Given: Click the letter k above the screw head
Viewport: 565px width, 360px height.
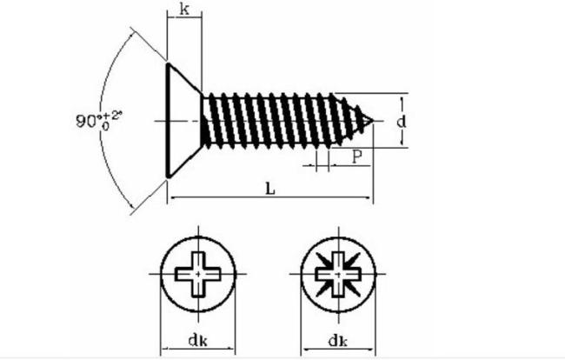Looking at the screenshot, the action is [184, 10].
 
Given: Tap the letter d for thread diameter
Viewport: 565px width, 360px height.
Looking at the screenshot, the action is [401, 122].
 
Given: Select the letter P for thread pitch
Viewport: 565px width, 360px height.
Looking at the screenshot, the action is [356, 157].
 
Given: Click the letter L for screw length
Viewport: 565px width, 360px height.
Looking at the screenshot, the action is [269, 189].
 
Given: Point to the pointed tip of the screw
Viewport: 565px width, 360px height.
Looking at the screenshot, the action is [373, 121].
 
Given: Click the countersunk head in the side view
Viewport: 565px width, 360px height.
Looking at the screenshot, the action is [183, 120].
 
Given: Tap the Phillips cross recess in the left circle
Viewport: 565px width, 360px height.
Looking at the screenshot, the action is [198, 274].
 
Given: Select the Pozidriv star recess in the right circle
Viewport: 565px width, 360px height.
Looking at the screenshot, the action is [338, 274].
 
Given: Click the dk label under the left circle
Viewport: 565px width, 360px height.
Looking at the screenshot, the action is [198, 340].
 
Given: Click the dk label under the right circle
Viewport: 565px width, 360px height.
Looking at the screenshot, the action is [337, 340].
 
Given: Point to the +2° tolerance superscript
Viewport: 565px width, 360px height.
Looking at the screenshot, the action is [113, 116].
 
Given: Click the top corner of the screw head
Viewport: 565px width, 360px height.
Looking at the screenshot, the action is [168, 64].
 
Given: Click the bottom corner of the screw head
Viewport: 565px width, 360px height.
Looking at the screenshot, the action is [168, 177].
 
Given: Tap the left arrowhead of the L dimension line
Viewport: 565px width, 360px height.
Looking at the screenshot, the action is [173, 197].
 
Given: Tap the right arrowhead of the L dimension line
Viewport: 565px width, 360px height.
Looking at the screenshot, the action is [369, 197].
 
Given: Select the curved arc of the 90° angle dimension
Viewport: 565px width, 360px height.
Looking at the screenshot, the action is [99, 120].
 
